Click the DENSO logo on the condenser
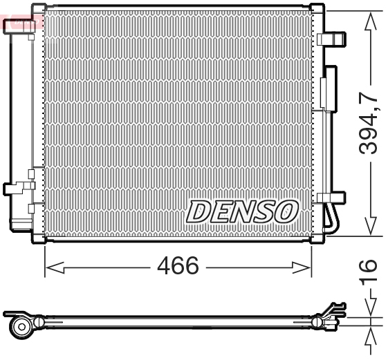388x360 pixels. coord(242,210)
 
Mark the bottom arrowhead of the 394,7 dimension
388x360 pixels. coord(371,225)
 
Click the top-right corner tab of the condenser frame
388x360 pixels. coord(317,9)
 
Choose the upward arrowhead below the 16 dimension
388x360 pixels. coord(371,338)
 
